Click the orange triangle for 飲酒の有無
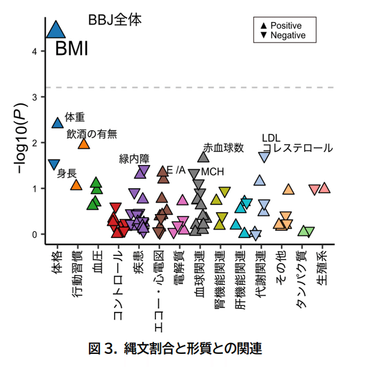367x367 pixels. point(84,143)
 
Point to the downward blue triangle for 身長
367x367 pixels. point(54,164)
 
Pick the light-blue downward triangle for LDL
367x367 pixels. point(264,156)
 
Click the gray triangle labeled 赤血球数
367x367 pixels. point(203,157)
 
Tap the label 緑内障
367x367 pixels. point(134,158)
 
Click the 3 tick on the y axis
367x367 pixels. point(36,97)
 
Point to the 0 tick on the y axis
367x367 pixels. point(36,234)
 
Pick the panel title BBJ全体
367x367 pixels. point(115,20)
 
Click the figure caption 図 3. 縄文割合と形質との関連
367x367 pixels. point(175,348)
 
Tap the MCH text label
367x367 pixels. point(213,172)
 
